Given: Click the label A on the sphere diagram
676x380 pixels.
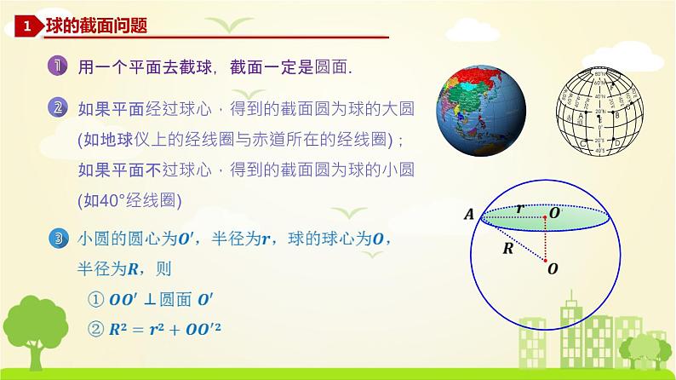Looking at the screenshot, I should [x=469, y=216].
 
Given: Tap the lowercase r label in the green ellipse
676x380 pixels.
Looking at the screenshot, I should [x=520, y=208].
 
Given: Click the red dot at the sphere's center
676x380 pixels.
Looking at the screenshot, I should [x=546, y=254].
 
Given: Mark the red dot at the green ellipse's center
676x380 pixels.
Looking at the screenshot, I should [x=546, y=216].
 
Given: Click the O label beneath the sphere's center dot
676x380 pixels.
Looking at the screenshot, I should [x=553, y=268].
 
